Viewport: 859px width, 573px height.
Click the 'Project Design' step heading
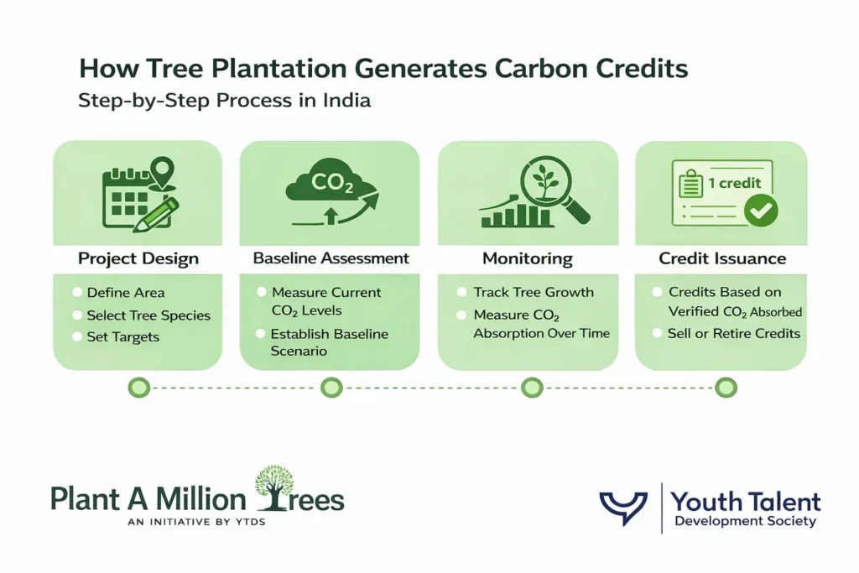(138, 258)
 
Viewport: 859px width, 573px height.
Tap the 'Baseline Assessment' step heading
(331, 258)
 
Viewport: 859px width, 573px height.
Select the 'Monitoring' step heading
(527, 258)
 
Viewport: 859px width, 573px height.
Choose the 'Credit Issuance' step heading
(722, 258)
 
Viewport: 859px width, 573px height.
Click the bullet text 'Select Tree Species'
(148, 315)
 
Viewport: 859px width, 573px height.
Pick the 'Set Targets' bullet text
(122, 336)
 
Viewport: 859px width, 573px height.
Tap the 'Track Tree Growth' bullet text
(534, 293)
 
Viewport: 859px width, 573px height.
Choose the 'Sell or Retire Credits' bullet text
(734, 333)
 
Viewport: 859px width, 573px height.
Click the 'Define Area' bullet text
(126, 293)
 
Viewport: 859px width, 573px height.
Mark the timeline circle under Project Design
(138, 388)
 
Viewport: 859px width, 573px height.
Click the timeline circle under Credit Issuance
(726, 388)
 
